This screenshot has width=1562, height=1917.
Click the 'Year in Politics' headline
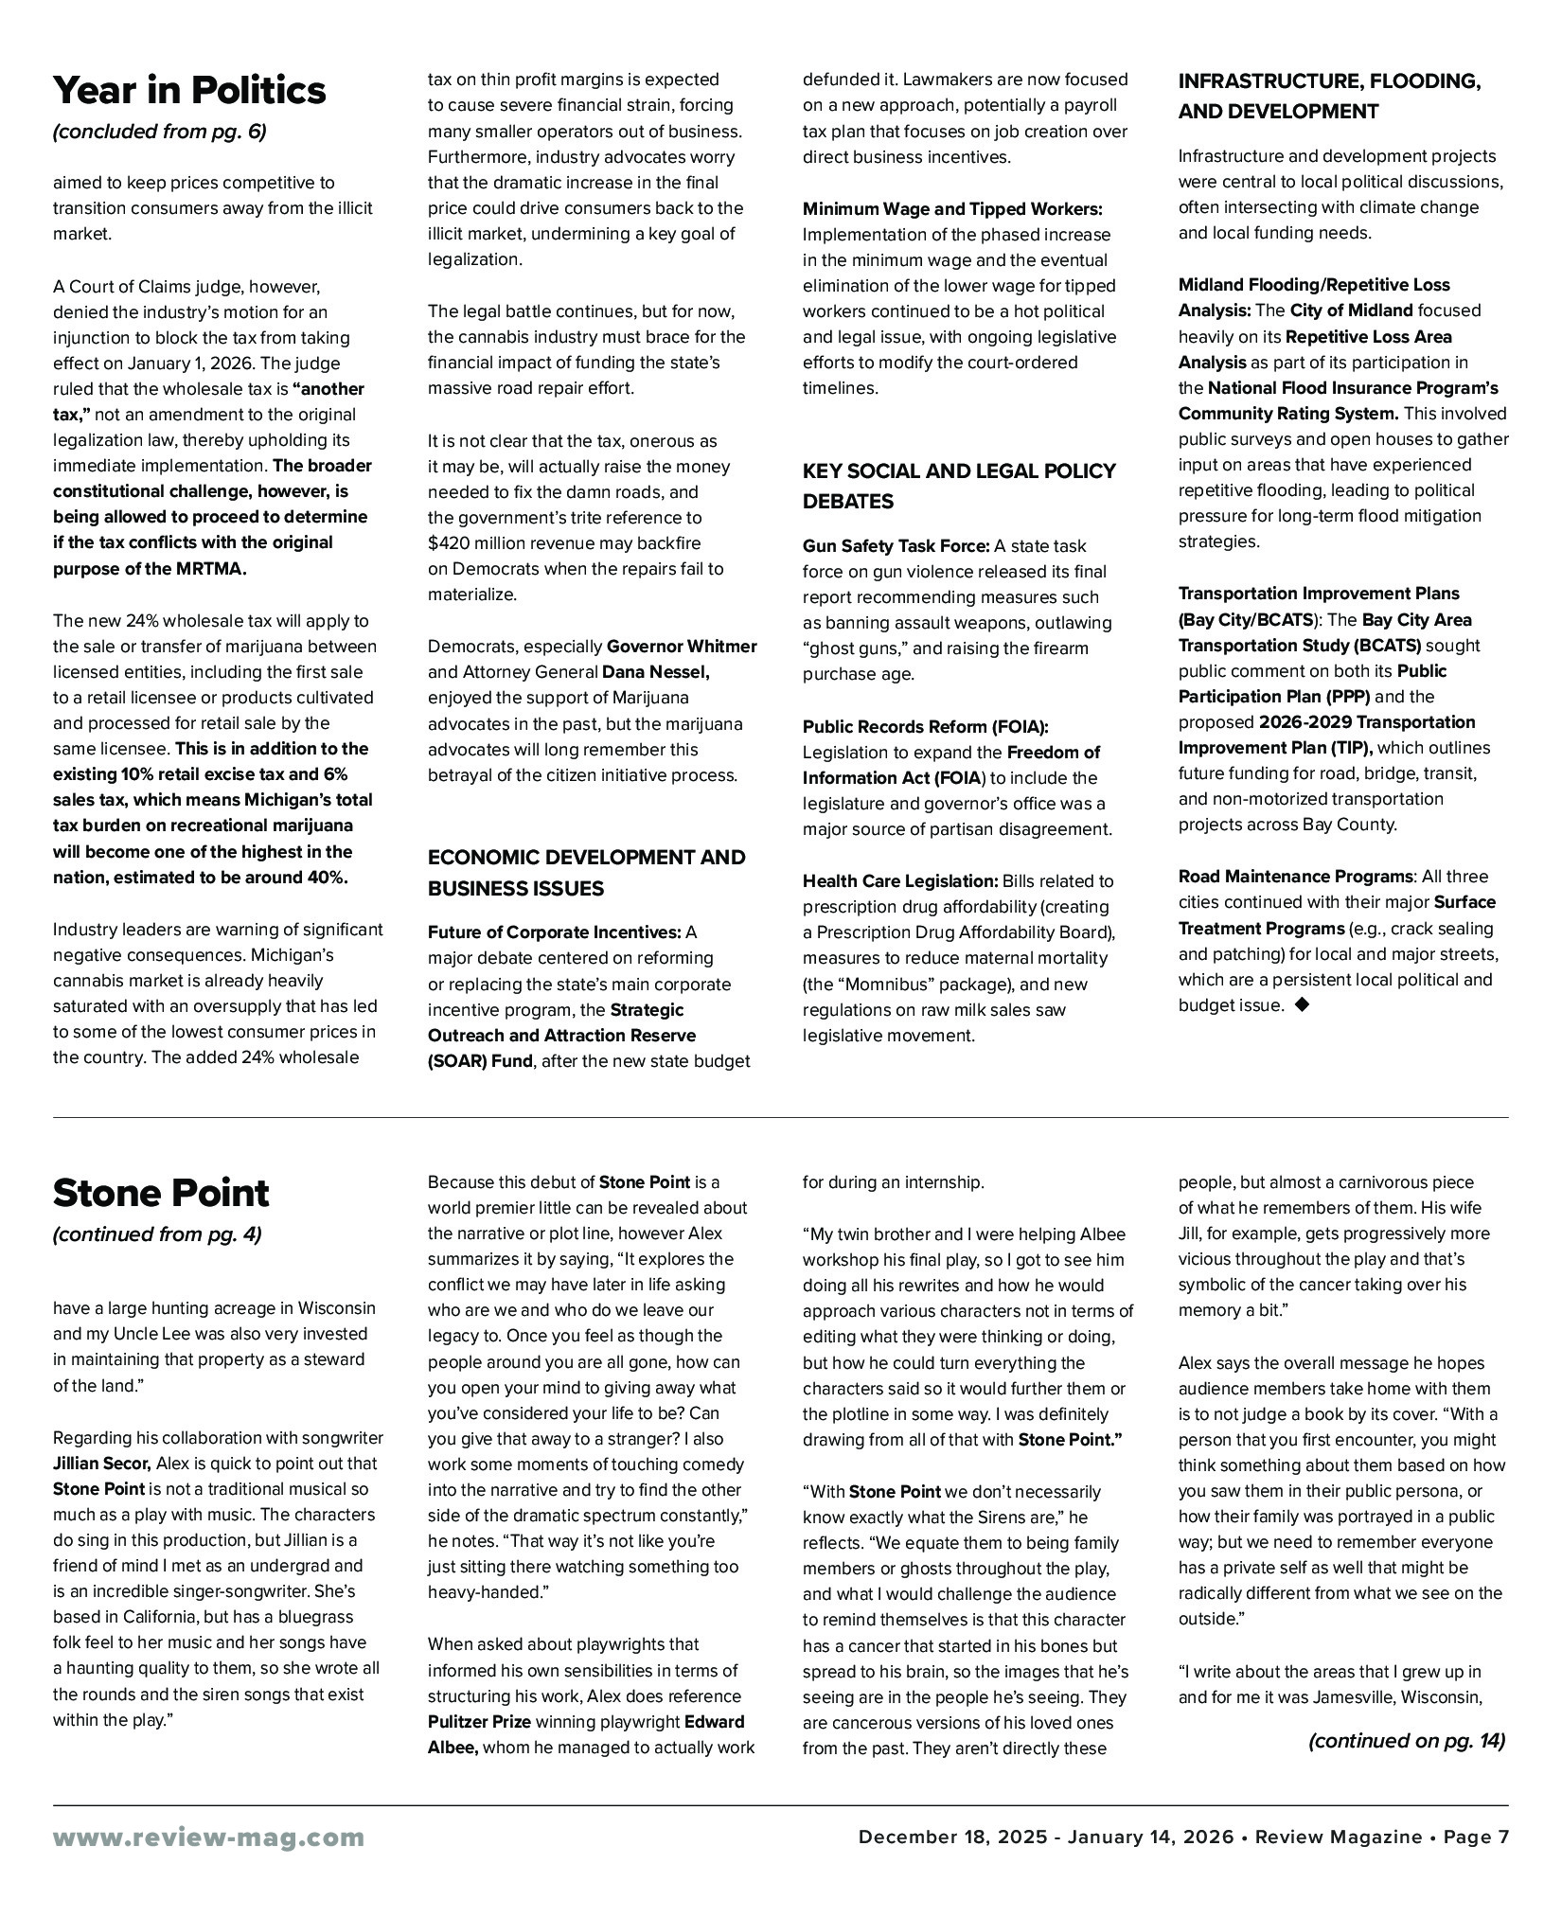pos(189,91)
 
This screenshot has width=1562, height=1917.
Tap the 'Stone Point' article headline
pos(161,1193)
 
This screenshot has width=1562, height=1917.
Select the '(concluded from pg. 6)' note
pos(159,132)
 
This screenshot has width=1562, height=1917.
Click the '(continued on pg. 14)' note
pos(1406,1740)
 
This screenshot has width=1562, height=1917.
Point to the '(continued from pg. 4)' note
pos(157,1234)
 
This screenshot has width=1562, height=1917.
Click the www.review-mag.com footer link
pos(208,1837)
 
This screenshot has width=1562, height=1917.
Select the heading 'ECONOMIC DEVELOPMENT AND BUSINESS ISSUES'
pos(586,872)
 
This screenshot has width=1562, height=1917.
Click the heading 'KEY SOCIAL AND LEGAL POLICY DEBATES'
pos(959,486)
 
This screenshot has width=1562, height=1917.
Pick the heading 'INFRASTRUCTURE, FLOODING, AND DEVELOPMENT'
pos(1329,97)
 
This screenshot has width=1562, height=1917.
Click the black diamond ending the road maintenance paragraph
pos(1302,1005)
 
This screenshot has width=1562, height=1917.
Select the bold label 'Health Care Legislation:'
pos(900,881)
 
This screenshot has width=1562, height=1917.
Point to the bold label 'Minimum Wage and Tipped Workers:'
pos(952,209)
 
